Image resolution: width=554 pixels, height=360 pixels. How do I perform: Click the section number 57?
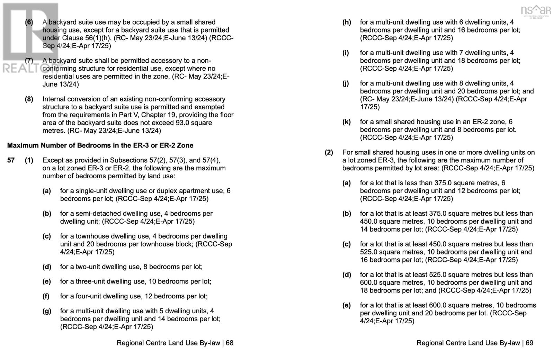click(11, 160)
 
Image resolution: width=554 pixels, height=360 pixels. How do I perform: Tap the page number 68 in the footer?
click(230, 343)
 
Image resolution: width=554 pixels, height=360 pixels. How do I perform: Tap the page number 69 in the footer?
click(529, 343)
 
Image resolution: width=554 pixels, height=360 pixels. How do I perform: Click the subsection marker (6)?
click(29, 22)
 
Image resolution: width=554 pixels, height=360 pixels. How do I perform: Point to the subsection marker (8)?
click(29, 99)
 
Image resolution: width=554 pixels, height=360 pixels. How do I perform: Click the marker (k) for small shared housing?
click(346, 122)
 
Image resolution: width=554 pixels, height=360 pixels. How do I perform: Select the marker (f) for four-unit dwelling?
click(47, 296)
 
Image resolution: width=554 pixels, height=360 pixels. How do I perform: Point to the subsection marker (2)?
click(329, 152)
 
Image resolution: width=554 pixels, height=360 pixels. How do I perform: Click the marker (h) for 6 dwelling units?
click(346, 22)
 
